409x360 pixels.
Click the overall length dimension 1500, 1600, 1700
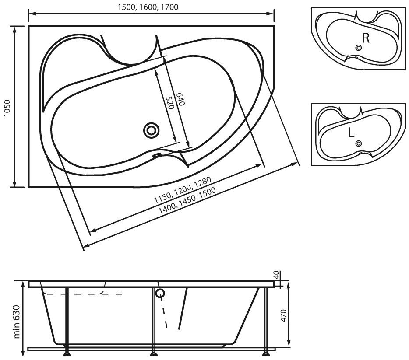148,7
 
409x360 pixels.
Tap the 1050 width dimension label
7,108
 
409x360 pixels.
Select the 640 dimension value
180,99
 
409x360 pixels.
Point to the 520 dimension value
170,103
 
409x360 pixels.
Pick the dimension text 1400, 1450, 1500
187,201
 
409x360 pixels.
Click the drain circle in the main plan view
151,130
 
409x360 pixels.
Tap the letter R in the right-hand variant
366,38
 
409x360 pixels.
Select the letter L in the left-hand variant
351,133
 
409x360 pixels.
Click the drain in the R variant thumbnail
359,48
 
